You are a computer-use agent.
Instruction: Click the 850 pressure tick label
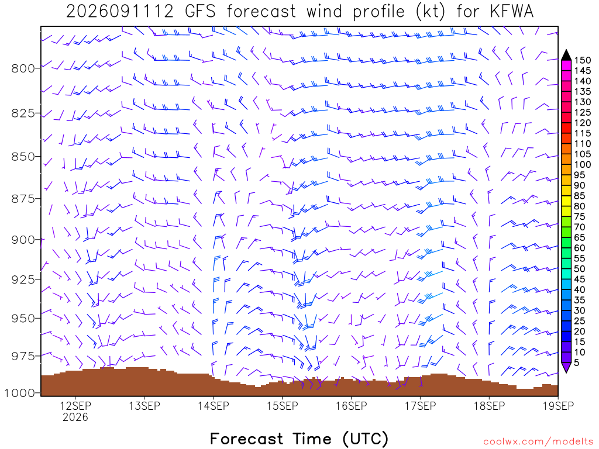pyautogui.click(x=23, y=157)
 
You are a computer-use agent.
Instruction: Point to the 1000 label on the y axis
pyautogui.click(x=19, y=393)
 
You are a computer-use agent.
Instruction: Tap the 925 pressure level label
pyautogui.click(x=23, y=279)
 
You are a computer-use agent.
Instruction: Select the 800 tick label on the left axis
pyautogui.click(x=23, y=68)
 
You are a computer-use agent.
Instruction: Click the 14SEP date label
pyautogui.click(x=213, y=406)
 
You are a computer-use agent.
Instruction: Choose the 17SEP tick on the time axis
pyautogui.click(x=420, y=406)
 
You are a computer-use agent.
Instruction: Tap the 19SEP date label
pyautogui.click(x=558, y=406)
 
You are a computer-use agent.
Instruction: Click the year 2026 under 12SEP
pyautogui.click(x=75, y=417)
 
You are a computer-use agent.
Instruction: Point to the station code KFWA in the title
pyautogui.click(x=511, y=11)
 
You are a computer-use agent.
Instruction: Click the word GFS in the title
pyautogui.click(x=200, y=11)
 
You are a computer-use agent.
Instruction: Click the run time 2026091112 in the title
pyautogui.click(x=120, y=11)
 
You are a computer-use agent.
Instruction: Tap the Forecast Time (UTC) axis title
pyautogui.click(x=299, y=438)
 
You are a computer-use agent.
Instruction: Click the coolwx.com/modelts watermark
pyautogui.click(x=538, y=441)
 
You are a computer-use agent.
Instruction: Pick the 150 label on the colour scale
pyautogui.click(x=583, y=60)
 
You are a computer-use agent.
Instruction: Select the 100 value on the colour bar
pyautogui.click(x=583, y=164)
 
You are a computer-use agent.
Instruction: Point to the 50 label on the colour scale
pyautogui.click(x=580, y=269)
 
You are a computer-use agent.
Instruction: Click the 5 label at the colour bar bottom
pyautogui.click(x=577, y=362)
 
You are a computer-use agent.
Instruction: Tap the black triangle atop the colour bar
pyautogui.click(x=566, y=55)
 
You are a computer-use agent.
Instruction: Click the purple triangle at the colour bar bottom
pyautogui.click(x=566, y=367)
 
